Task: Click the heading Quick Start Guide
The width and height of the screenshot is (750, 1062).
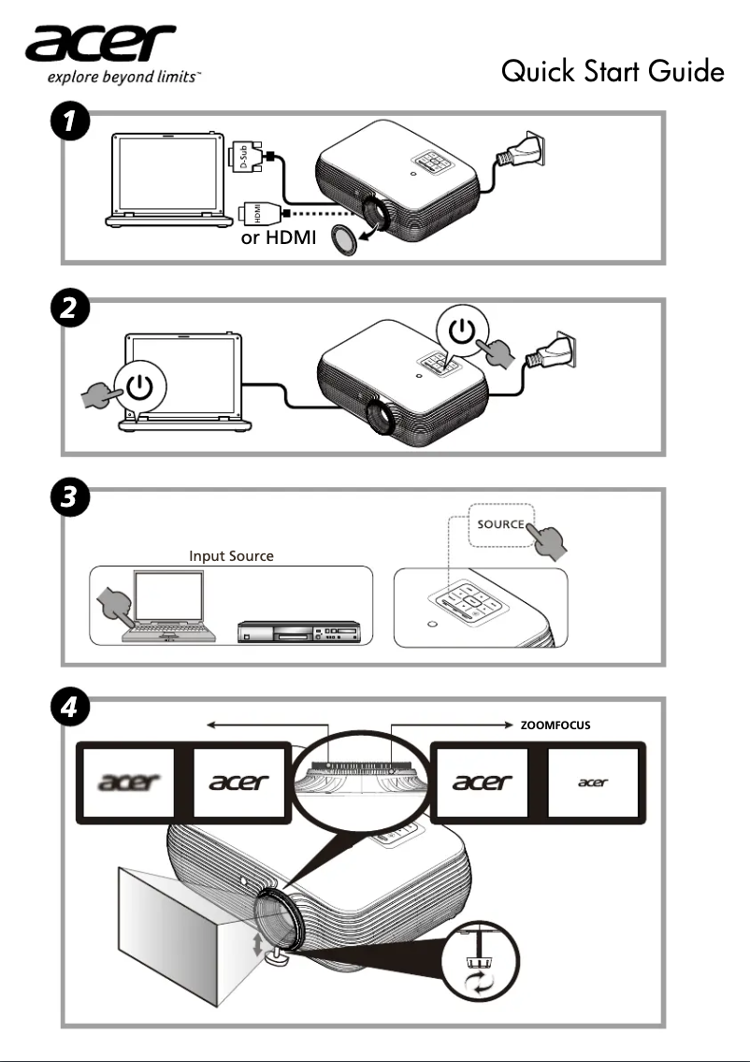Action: pyautogui.click(x=613, y=71)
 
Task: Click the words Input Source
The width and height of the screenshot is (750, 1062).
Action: pyautogui.click(x=231, y=556)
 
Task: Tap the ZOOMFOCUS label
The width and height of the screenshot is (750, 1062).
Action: pyautogui.click(x=555, y=725)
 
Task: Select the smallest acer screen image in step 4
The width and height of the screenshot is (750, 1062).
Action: pyautogui.click(x=593, y=782)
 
